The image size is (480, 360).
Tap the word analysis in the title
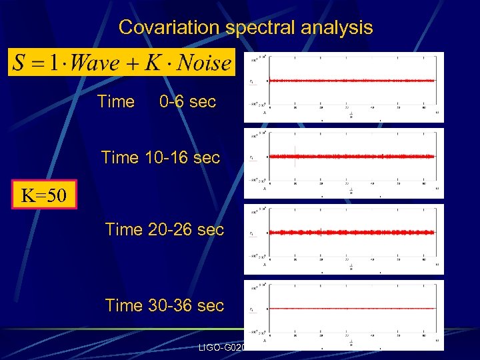[x=340, y=27]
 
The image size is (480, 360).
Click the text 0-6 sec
[x=187, y=102]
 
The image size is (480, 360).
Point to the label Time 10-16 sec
[x=160, y=158]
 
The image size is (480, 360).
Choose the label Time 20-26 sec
[x=164, y=229]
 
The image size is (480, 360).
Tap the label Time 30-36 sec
[x=164, y=305]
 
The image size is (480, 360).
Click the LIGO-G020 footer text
[x=223, y=348]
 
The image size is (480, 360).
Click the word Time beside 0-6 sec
[x=115, y=102]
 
